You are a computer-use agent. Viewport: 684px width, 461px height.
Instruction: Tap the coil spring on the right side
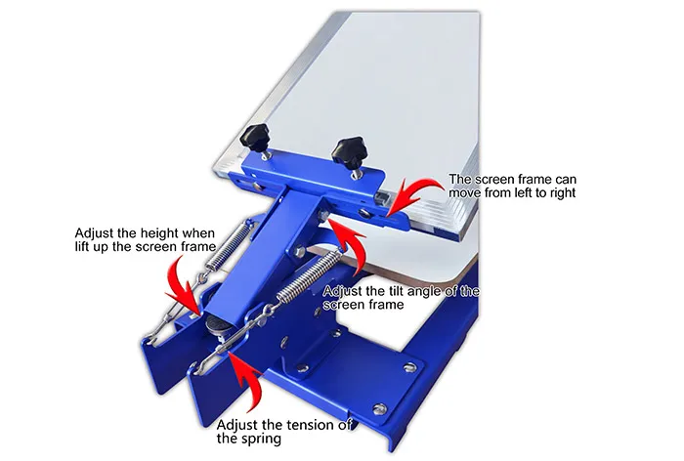(306, 276)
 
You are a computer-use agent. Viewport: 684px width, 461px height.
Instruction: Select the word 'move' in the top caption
(466, 193)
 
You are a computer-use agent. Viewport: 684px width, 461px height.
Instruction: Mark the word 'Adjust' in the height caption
(95, 233)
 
